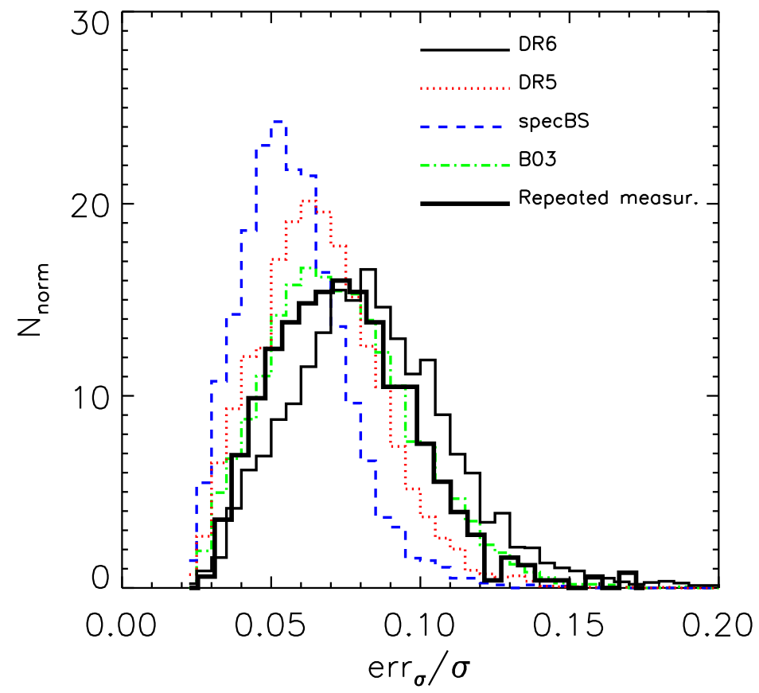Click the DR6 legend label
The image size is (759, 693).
click(535, 46)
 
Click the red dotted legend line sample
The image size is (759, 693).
click(464, 87)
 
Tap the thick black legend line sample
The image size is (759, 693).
click(464, 204)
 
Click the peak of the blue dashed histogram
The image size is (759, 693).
click(278, 122)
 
